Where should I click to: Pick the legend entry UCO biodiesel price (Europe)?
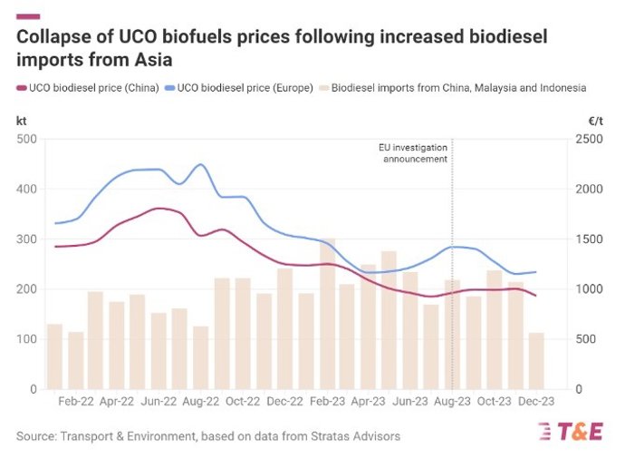[245, 88]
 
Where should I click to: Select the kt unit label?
[22, 120]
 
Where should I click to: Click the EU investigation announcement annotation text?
[412, 152]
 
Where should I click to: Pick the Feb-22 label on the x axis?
[76, 401]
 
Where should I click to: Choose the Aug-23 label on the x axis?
[453, 401]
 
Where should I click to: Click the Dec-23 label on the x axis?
[536, 401]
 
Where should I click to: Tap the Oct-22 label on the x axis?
[243, 401]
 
